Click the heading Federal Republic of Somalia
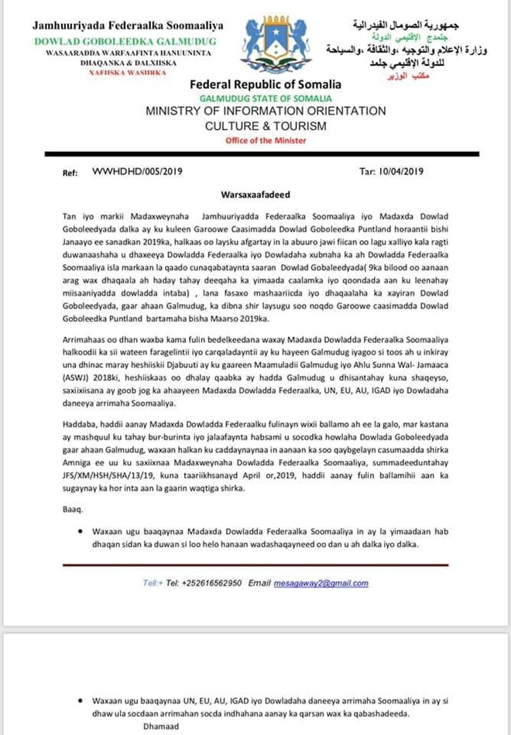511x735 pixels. (266, 84)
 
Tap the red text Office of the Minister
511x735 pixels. (266, 140)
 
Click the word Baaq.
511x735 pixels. (70, 510)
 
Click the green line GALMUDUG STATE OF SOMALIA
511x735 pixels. (266, 98)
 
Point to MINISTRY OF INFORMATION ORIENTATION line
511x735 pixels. (266, 112)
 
